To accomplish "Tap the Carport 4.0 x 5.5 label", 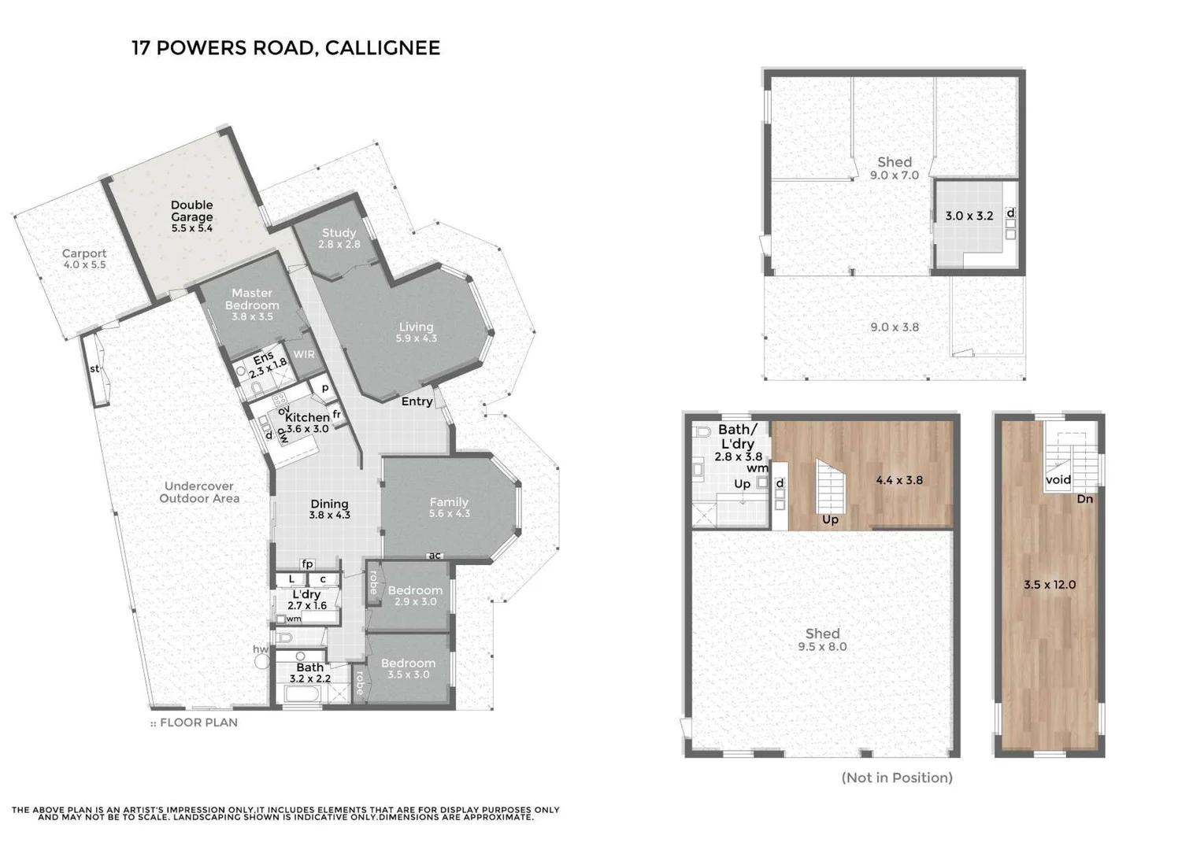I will point(84,259).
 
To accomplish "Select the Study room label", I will point(339,238).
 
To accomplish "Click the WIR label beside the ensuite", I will point(304,354).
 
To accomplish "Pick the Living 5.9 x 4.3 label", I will point(416,332).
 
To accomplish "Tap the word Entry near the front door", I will point(417,401).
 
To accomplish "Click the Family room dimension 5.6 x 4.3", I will point(449,514).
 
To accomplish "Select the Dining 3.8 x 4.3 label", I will point(329,509).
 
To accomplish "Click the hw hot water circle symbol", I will point(262,661).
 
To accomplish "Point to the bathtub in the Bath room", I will point(302,694).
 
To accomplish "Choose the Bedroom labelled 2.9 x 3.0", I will point(414,596).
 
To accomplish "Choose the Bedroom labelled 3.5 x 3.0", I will point(408,668).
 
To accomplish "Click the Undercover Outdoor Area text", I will point(199,492).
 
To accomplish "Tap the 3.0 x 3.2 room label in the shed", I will point(969,216).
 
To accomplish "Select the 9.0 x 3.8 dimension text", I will point(894,327).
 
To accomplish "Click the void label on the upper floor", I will point(1058,479).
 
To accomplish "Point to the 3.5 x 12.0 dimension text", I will point(1049,585).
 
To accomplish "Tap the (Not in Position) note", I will point(897,778).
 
